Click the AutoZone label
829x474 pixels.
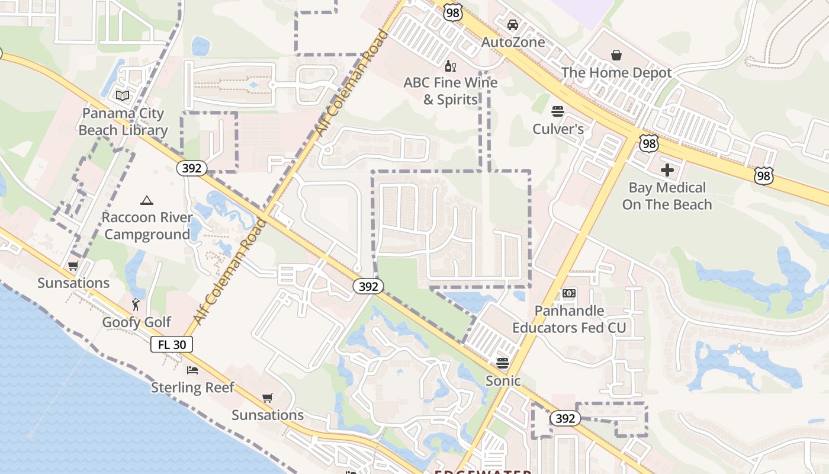[x=513, y=42]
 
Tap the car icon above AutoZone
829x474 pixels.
[x=513, y=25]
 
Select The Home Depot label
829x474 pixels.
[x=616, y=73]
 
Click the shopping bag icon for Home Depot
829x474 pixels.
[x=616, y=55]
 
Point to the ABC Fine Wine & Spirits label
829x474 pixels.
[x=451, y=91]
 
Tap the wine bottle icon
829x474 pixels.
[x=450, y=66]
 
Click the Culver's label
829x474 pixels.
[x=558, y=129]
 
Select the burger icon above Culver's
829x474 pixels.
[x=557, y=111]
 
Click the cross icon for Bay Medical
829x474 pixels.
[x=667, y=171]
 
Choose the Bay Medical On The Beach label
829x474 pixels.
[x=667, y=196]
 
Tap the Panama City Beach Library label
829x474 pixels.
[x=123, y=121]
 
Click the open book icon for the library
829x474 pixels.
[x=123, y=95]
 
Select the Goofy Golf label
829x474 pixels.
[x=136, y=322]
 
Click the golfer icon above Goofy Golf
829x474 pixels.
[x=136, y=305]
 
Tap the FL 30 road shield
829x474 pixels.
[x=171, y=344]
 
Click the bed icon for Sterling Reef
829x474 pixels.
[x=192, y=370]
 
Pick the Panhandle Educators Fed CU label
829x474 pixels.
[x=569, y=319]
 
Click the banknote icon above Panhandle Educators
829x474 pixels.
[x=569, y=293]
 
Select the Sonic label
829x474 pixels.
[x=503, y=380]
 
